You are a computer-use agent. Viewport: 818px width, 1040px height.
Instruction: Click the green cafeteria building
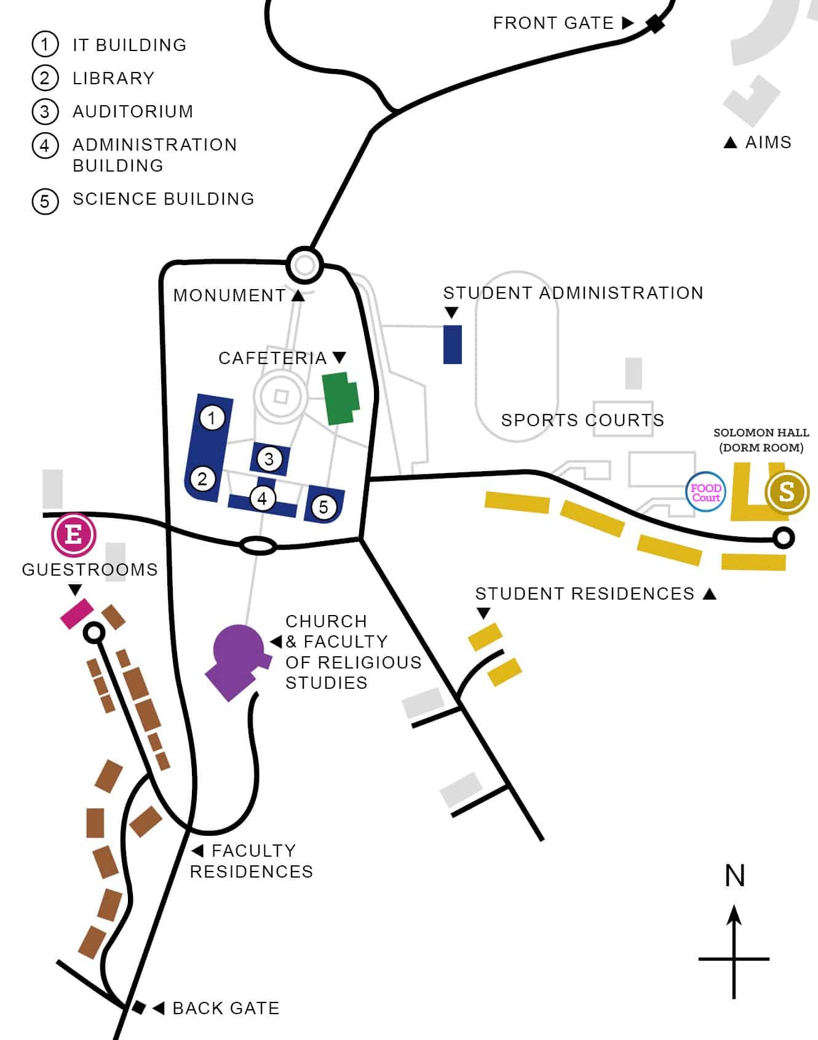341,399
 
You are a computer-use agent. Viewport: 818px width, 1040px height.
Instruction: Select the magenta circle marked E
74,534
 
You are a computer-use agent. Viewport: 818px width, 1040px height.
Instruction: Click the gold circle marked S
787,491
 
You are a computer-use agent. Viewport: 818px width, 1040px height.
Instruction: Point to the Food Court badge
705,492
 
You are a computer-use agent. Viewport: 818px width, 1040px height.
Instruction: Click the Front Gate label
554,23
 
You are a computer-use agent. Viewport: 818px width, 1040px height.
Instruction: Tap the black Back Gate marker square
139,1007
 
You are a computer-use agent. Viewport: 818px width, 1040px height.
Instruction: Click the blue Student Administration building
453,344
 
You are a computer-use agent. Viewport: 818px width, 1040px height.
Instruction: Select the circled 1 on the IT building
212,418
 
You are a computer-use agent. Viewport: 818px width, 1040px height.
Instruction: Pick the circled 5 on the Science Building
324,507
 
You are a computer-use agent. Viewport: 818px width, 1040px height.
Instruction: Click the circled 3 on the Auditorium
269,459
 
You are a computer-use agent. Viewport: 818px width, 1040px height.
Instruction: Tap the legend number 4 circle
45,146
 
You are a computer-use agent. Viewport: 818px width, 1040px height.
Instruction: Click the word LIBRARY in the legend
114,78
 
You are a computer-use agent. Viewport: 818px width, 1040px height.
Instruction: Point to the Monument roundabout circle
304,265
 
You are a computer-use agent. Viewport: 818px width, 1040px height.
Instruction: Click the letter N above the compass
735,876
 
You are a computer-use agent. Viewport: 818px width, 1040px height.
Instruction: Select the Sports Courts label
582,420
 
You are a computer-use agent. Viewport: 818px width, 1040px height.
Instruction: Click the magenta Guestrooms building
77,613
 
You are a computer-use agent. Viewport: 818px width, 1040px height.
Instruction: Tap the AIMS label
768,142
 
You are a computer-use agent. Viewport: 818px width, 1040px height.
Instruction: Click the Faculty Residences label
252,861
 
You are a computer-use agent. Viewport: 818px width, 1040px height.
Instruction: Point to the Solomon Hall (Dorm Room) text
761,440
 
